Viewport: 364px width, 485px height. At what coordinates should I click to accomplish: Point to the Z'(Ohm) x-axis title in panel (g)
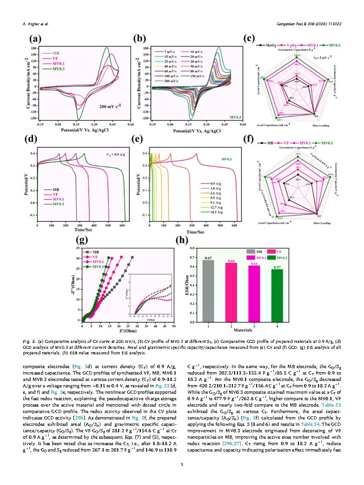128,331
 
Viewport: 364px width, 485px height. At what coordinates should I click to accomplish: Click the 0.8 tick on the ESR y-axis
192,248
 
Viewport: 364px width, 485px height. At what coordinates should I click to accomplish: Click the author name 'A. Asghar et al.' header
35,23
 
